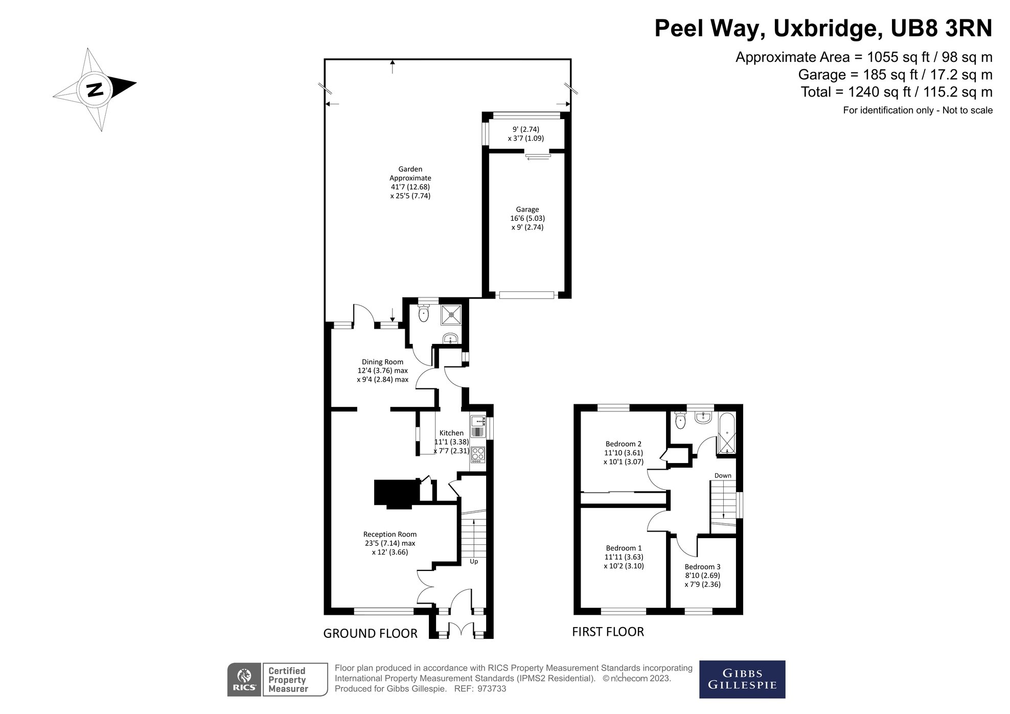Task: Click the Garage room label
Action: tap(527, 210)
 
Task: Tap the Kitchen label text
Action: tap(451, 433)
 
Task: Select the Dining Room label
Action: tap(382, 362)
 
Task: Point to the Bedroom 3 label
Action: tap(702, 567)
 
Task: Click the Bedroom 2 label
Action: tap(623, 444)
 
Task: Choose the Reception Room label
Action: tap(389, 535)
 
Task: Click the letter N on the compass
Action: tap(95, 90)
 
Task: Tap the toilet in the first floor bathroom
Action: tap(680, 421)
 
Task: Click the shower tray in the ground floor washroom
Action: tap(451, 315)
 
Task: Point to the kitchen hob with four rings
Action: tap(478, 454)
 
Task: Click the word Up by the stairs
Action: tap(474, 562)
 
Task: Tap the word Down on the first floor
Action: tap(722, 476)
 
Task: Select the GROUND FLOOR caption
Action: tap(370, 634)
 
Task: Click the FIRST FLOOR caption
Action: tap(608, 632)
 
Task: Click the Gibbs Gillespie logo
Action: tap(742, 679)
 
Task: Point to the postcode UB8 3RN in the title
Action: tap(941, 29)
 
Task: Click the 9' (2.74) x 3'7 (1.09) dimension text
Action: tap(525, 134)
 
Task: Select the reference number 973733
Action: tap(491, 689)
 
